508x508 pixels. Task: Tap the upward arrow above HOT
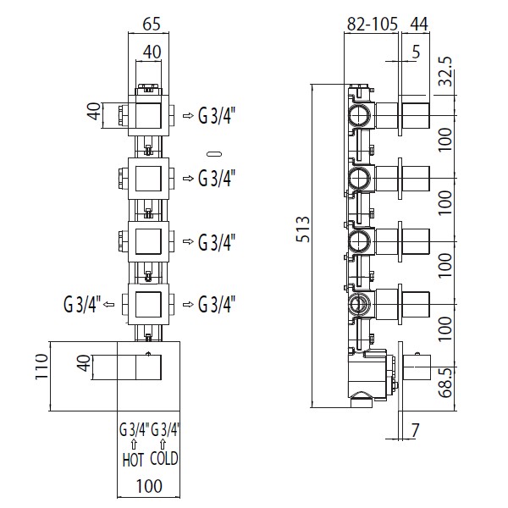coord(133,444)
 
